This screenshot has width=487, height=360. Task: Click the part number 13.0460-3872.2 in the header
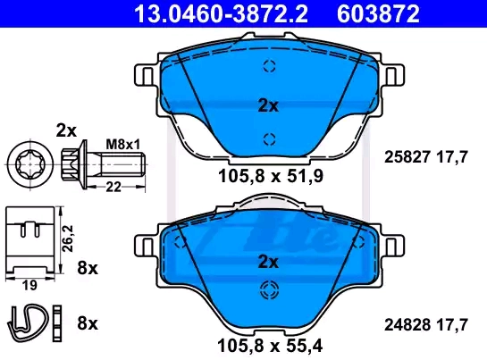(x=221, y=13)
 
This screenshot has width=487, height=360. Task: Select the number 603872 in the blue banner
(x=378, y=13)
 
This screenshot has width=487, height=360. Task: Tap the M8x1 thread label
(x=123, y=145)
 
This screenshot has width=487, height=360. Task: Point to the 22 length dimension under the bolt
(x=113, y=187)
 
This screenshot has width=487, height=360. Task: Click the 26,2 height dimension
(x=67, y=239)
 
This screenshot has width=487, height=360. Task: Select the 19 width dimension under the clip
(x=29, y=285)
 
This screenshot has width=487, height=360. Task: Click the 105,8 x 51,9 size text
(x=271, y=176)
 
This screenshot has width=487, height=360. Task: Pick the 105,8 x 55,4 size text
(x=270, y=345)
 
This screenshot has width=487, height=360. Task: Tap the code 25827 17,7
(x=426, y=157)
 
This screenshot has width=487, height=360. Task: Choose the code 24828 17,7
(x=426, y=325)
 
